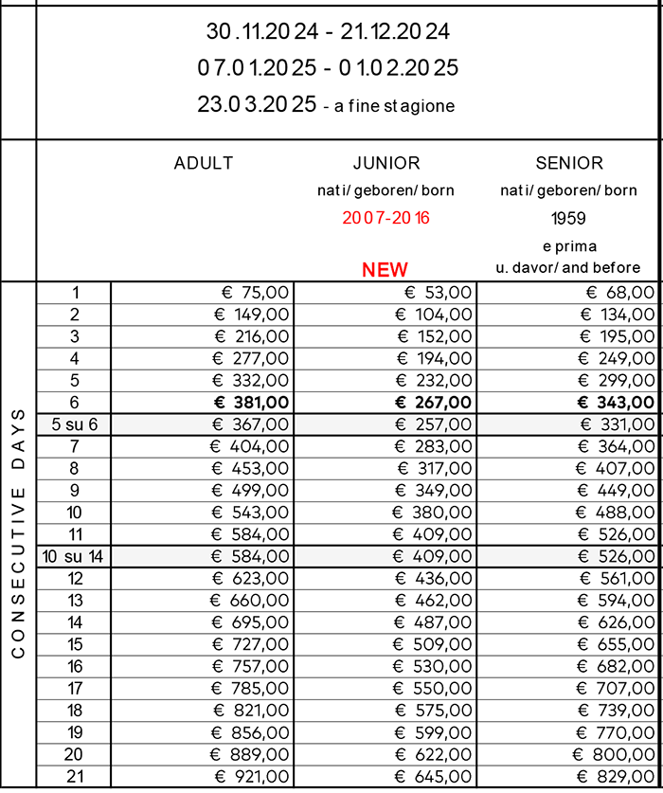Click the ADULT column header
coord(204,163)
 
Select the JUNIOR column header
coord(385,163)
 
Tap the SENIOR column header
coord(569,163)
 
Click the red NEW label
coord(385,269)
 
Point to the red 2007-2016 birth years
coord(385,218)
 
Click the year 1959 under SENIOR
coord(569,218)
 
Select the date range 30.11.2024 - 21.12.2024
coord(328,31)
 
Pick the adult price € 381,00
coord(248,403)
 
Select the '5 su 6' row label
coord(74,424)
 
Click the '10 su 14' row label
coord(74,556)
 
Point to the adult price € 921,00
coord(250,776)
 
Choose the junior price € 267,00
coord(434,403)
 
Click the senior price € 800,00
coord(615,754)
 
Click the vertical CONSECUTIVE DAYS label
coord(18,532)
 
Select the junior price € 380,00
coord(433,513)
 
